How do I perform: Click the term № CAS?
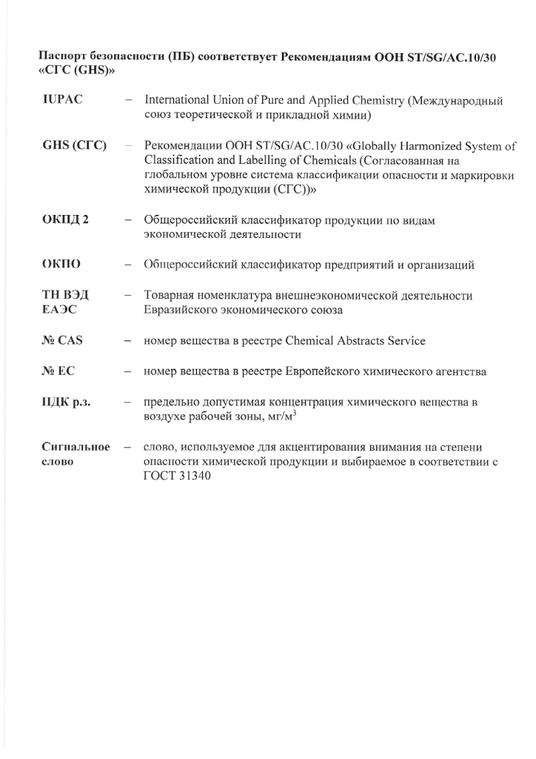(x=63, y=341)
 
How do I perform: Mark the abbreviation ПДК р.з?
(x=70, y=402)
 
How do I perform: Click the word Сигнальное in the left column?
(x=76, y=447)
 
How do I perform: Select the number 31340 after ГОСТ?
(x=194, y=477)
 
